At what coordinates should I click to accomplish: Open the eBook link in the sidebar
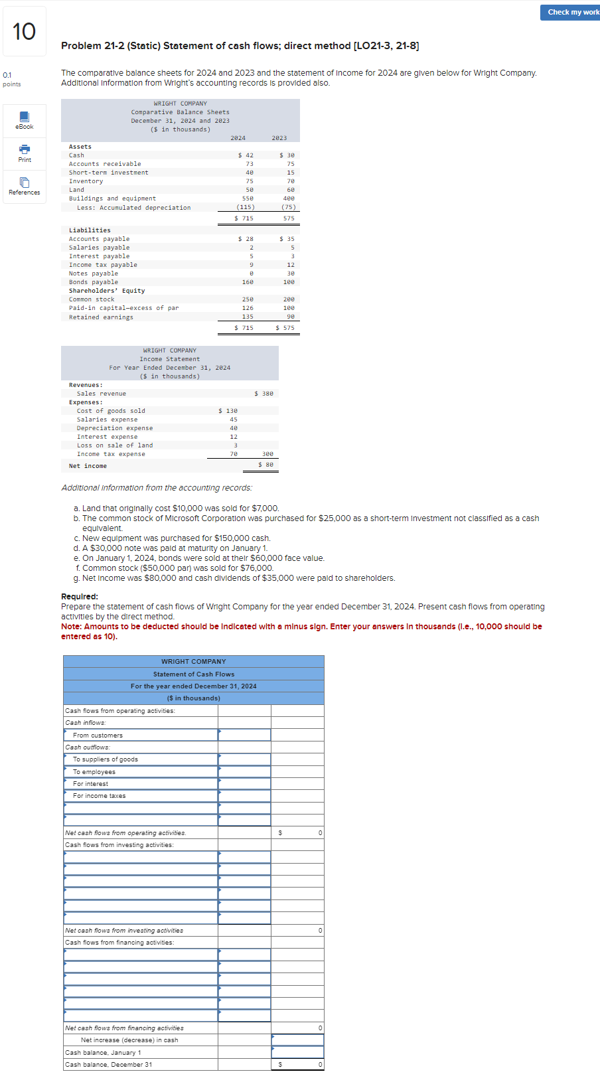pyautogui.click(x=25, y=121)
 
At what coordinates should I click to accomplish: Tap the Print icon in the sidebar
pyautogui.click(x=25, y=154)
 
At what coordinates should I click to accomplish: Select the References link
pyautogui.click(x=25, y=187)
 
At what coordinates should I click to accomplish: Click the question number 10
pyautogui.click(x=25, y=31)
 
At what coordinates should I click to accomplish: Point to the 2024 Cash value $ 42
pyautogui.click(x=246, y=155)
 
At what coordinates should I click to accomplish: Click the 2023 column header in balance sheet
pyautogui.click(x=279, y=138)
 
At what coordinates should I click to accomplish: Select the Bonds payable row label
pyautogui.click(x=94, y=282)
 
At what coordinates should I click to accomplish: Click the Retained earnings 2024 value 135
pyautogui.click(x=248, y=317)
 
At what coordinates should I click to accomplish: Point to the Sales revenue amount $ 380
pyautogui.click(x=264, y=394)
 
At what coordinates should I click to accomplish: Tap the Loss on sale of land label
pyautogui.click(x=115, y=445)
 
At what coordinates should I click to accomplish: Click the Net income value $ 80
pyautogui.click(x=265, y=465)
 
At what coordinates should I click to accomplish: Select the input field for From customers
pyautogui.click(x=244, y=735)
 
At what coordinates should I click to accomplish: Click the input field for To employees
pyautogui.click(x=244, y=771)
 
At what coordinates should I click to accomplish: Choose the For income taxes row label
pyautogui.click(x=99, y=796)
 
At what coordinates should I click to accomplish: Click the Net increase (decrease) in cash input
pyautogui.click(x=297, y=1040)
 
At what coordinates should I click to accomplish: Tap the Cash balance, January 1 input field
pyautogui.click(x=297, y=1052)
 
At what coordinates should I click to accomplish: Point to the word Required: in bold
pyautogui.click(x=80, y=596)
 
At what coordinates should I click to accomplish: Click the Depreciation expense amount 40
pyautogui.click(x=234, y=428)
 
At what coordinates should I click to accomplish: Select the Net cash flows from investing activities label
pyautogui.click(x=124, y=931)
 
